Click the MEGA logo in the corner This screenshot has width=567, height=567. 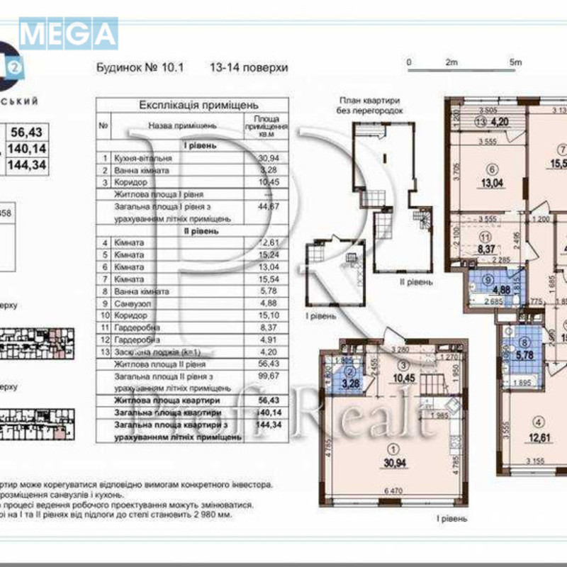68,33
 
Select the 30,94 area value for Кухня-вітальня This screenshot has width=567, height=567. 263,159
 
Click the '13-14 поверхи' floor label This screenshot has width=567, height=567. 249,68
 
